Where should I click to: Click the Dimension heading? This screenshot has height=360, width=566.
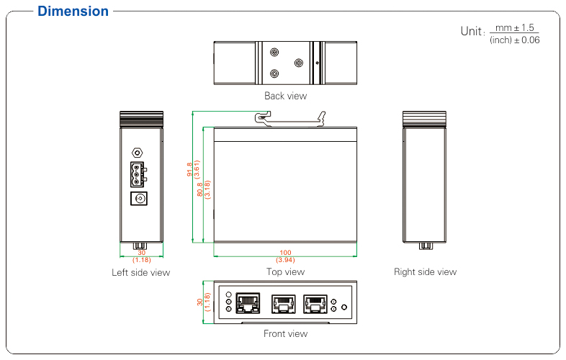click(73, 12)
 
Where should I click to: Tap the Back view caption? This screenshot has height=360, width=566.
click(285, 96)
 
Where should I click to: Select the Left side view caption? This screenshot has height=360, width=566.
click(141, 273)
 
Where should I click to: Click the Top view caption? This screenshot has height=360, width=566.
click(285, 272)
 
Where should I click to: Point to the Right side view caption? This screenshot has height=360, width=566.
click(425, 272)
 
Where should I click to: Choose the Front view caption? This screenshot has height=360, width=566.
click(285, 333)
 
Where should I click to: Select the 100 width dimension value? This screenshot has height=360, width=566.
click(285, 252)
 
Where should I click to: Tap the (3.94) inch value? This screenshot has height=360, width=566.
click(285, 259)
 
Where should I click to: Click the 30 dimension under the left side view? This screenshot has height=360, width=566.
click(141, 253)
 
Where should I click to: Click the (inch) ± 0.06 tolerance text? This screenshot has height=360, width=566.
click(514, 40)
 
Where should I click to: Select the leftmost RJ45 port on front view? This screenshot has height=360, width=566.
click(249, 302)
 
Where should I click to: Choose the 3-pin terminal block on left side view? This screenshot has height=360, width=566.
click(136, 174)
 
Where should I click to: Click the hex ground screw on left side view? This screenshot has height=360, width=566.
click(136, 153)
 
